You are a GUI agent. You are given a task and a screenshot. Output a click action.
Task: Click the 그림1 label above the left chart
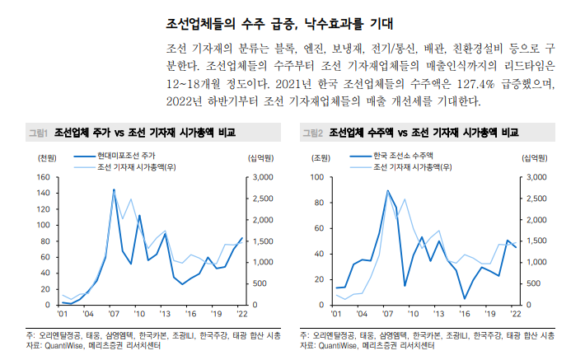click(x=38, y=132)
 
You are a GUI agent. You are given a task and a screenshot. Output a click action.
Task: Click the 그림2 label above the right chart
click(x=312, y=132)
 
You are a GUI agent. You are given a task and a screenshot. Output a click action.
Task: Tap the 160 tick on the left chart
click(x=44, y=177)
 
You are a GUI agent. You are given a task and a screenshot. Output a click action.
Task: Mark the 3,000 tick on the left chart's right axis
click(x=260, y=177)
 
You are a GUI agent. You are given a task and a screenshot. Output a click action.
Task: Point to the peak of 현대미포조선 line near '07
click(x=114, y=189)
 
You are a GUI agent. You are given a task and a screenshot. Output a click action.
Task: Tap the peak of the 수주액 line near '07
click(x=388, y=191)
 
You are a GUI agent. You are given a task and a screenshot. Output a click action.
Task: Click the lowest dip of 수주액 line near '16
click(x=465, y=298)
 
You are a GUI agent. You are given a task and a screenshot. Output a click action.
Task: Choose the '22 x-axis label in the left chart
click(x=241, y=314)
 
